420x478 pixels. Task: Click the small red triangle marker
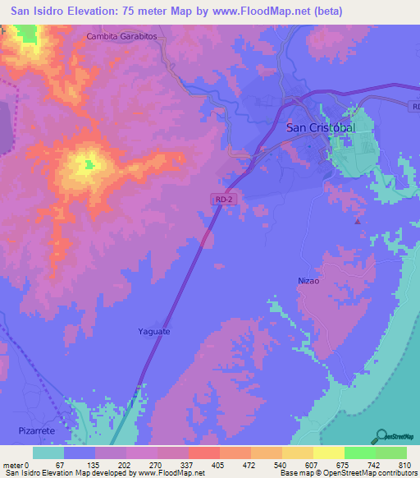tap(357, 220)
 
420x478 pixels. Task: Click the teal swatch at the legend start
tap(48, 453)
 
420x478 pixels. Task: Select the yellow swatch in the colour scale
tap(328, 453)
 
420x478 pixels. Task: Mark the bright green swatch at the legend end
tap(390, 453)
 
